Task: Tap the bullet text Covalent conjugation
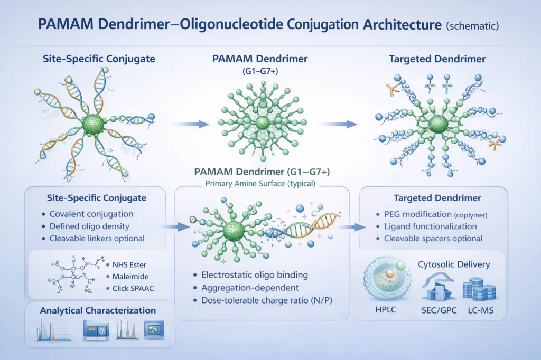coord(91,214)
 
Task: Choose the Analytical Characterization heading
coord(98,310)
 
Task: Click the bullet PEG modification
coord(416,214)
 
